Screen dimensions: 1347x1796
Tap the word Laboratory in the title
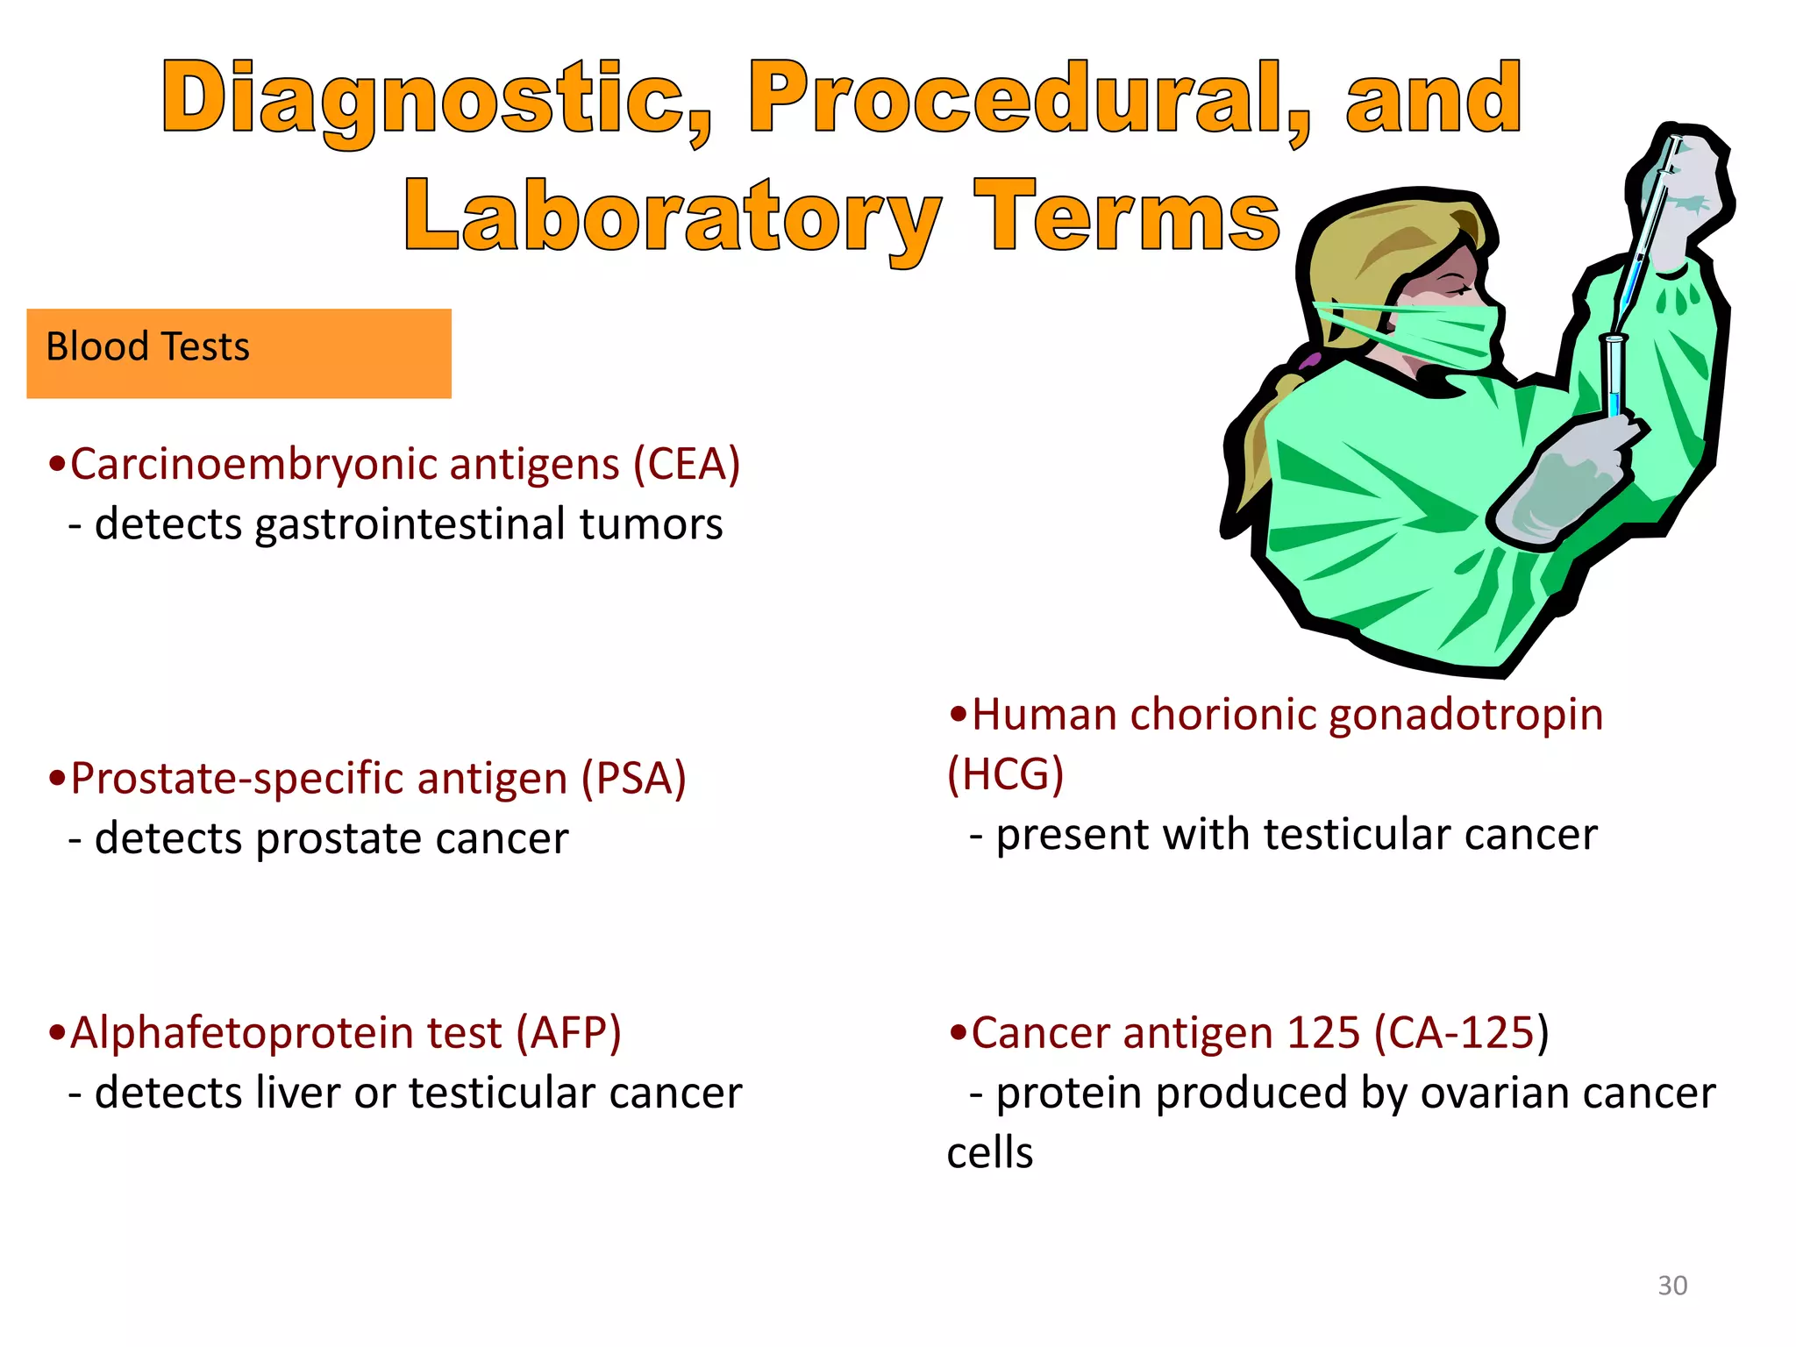672,217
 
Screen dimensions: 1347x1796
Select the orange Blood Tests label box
239,353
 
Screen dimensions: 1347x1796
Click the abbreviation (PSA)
633,779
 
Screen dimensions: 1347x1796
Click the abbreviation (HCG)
1005,774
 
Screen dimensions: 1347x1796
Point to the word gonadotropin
1465,715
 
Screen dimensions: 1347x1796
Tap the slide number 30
1671,1286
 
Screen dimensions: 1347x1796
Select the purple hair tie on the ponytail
1310,360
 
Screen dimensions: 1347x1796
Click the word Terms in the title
1128,217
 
